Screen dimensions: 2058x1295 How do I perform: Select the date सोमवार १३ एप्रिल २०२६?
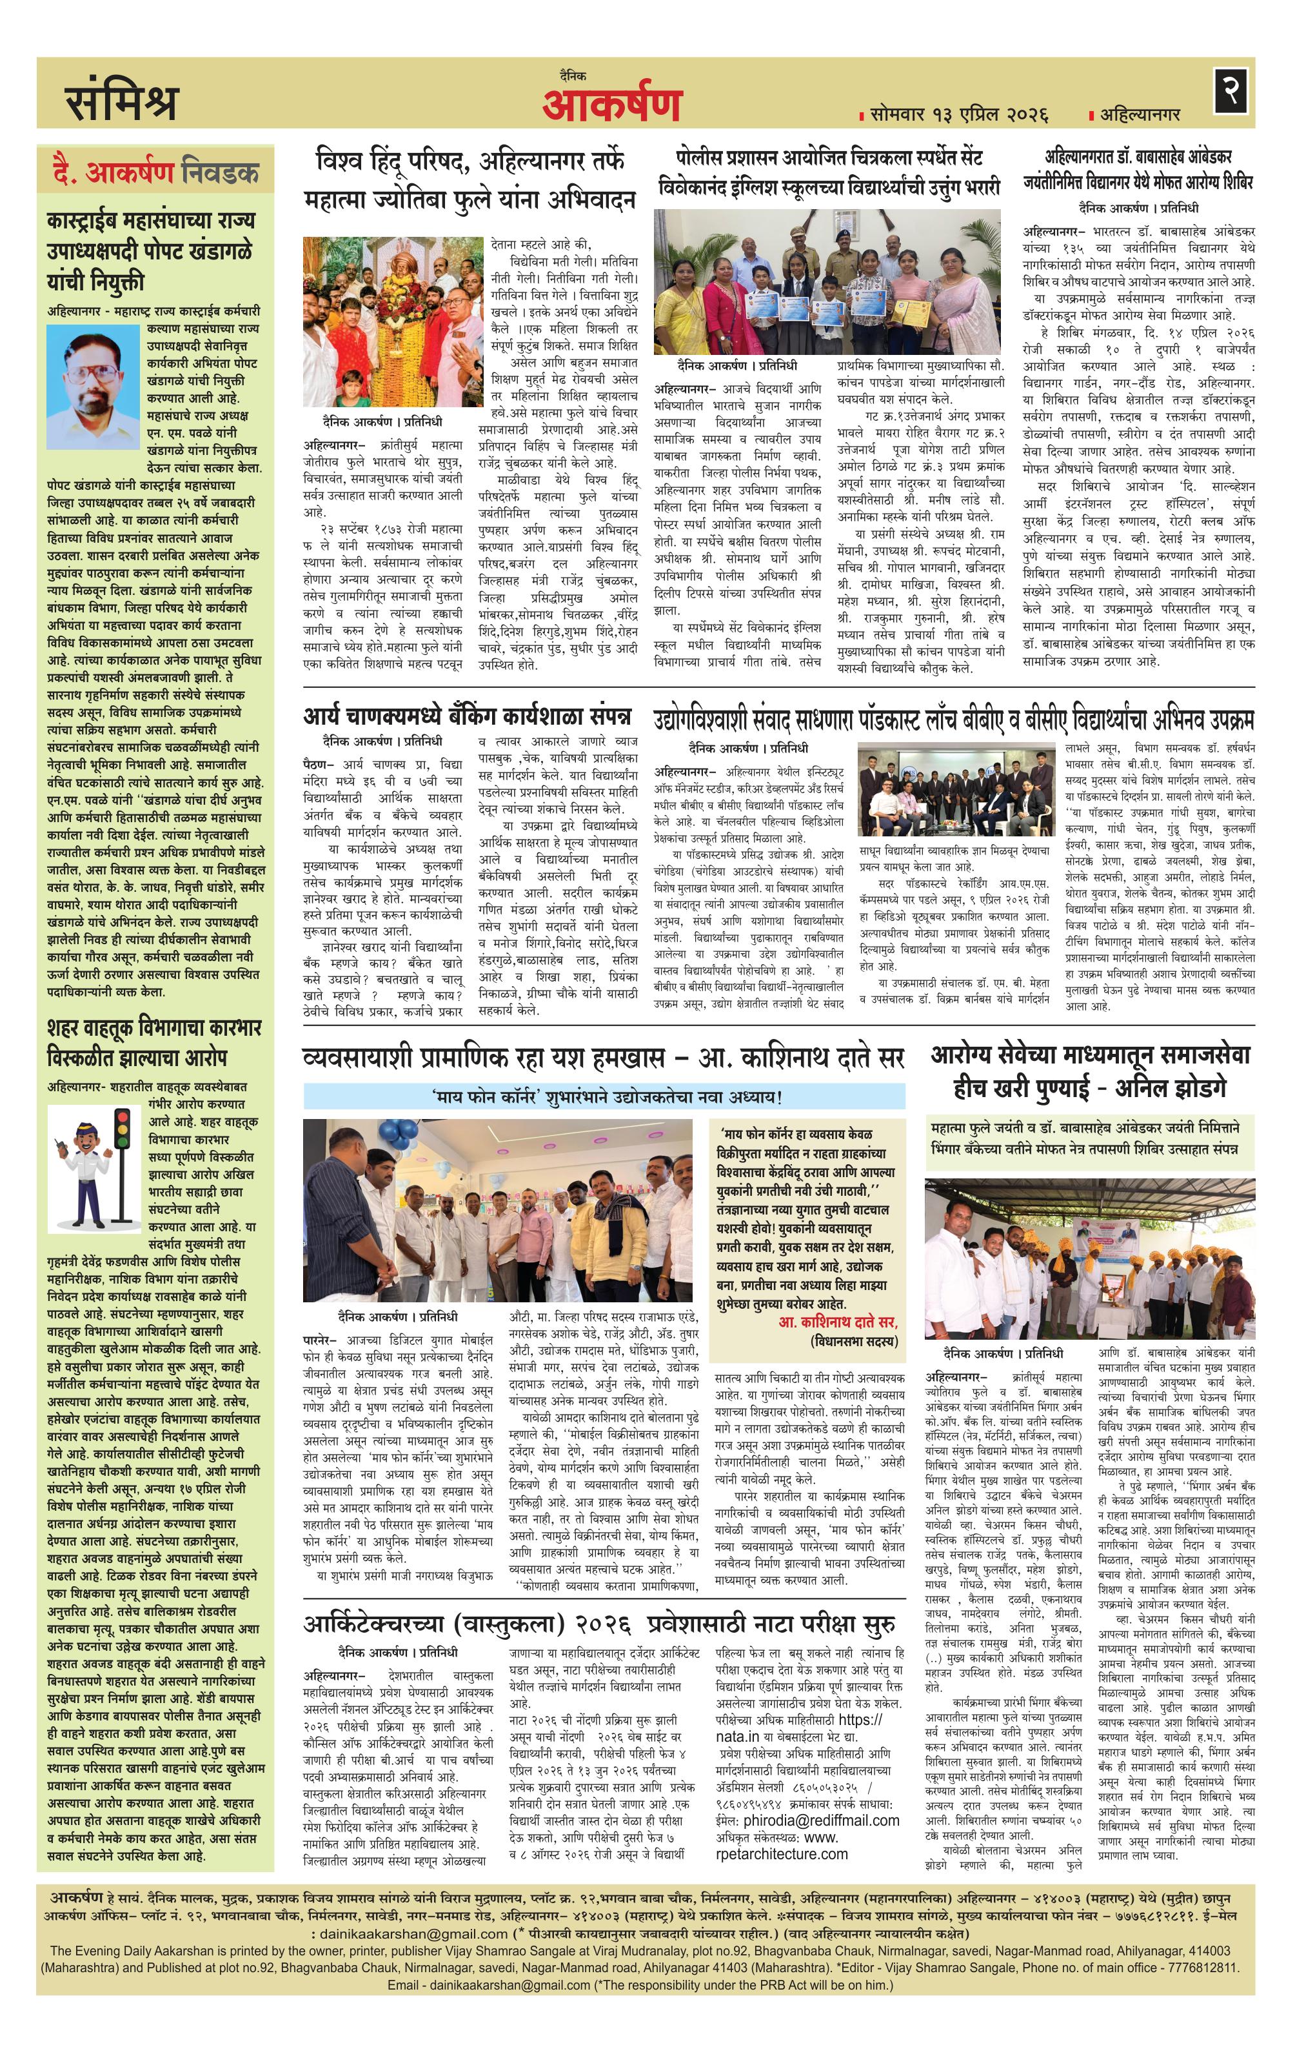953,114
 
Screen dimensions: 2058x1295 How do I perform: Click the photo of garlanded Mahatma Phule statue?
393,322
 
